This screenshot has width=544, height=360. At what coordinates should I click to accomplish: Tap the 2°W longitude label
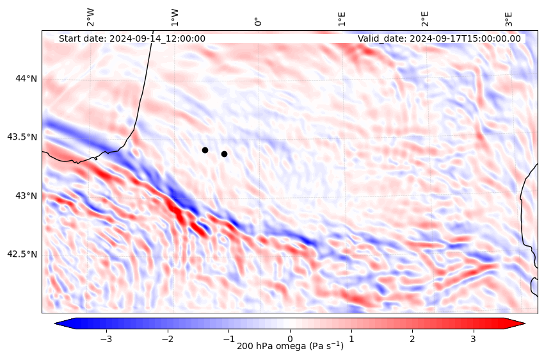pyautogui.click(x=91, y=17)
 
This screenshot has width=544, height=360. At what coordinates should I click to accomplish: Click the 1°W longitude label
pyautogui.click(x=175, y=17)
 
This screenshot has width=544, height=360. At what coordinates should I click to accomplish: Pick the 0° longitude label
pyautogui.click(x=258, y=21)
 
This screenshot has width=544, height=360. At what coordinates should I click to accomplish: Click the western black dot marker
pyautogui.click(x=205, y=150)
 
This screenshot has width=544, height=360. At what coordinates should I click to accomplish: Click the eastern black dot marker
pyautogui.click(x=224, y=154)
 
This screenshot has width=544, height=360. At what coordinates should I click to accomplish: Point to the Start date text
pyautogui.click(x=132, y=38)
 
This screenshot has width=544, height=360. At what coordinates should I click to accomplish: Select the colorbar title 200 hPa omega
pyautogui.click(x=290, y=347)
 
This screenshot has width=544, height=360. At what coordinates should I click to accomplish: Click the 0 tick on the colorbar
pyautogui.click(x=290, y=338)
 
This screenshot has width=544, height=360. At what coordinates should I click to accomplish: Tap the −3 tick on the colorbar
pyautogui.click(x=106, y=338)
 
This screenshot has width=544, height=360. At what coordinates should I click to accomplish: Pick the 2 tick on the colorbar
pyautogui.click(x=412, y=338)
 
